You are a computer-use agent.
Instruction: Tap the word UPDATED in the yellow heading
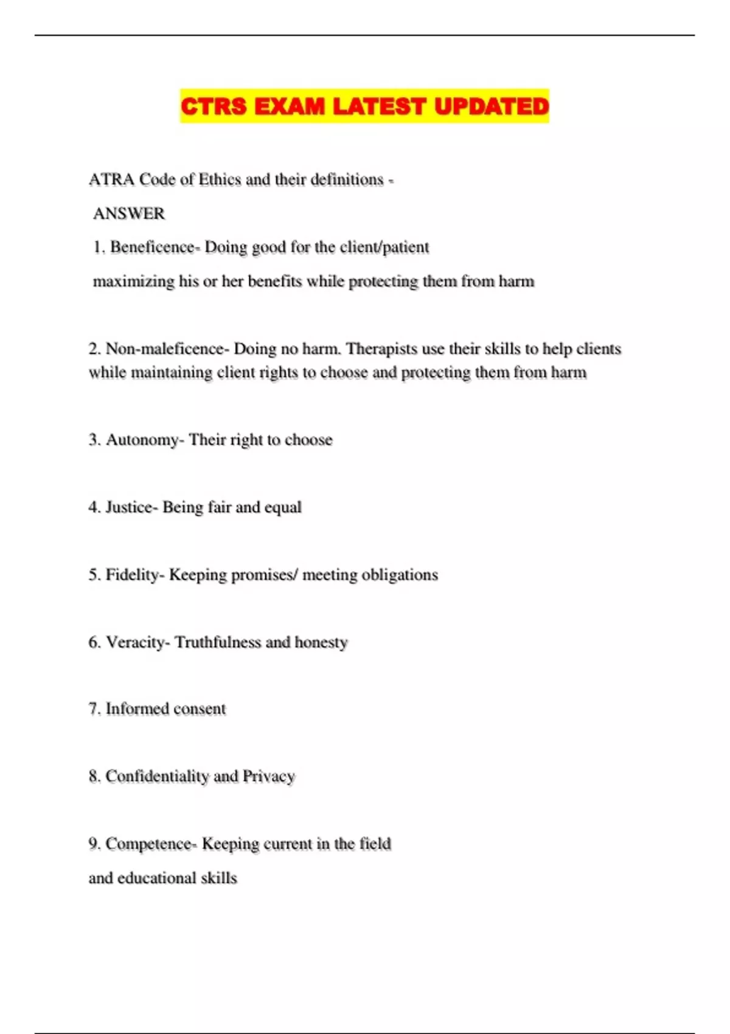click(492, 106)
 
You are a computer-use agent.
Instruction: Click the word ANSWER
click(129, 213)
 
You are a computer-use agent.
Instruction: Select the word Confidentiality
click(157, 777)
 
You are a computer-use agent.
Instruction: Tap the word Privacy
click(269, 777)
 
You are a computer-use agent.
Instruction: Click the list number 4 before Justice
click(93, 507)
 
